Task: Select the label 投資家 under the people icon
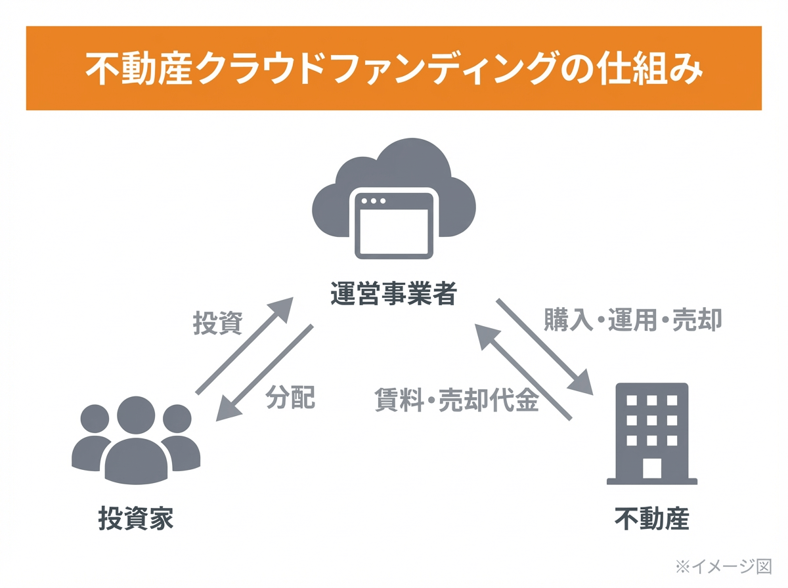(x=136, y=518)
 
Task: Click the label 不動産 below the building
(x=651, y=518)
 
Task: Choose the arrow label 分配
(x=290, y=397)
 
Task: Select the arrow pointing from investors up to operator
(x=244, y=345)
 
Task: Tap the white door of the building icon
(x=651, y=468)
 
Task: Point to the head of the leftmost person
(x=95, y=417)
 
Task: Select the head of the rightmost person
(x=177, y=417)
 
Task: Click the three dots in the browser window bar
(x=374, y=200)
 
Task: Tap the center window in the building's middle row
(x=651, y=420)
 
